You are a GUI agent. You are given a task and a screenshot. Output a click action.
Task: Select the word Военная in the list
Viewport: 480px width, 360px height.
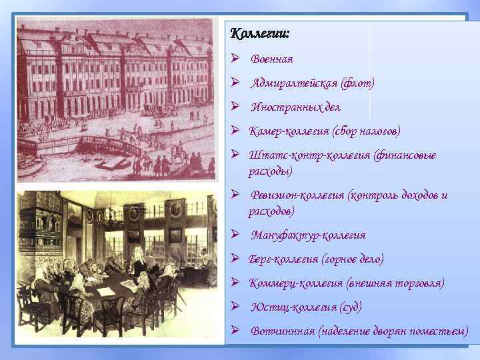pyautogui.click(x=272, y=59)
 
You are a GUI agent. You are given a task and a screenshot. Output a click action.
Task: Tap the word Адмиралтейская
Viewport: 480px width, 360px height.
pyautogui.click(x=294, y=83)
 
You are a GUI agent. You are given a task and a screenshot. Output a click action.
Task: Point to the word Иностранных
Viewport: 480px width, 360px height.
pyautogui.click(x=286, y=107)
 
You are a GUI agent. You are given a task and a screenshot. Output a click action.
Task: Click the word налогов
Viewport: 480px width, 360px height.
pyautogui.click(x=377, y=131)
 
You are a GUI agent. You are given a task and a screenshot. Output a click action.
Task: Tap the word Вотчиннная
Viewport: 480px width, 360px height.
pyautogui.click(x=283, y=331)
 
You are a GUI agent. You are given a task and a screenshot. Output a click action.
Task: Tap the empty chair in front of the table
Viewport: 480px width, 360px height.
pyautogui.click(x=107, y=313)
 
